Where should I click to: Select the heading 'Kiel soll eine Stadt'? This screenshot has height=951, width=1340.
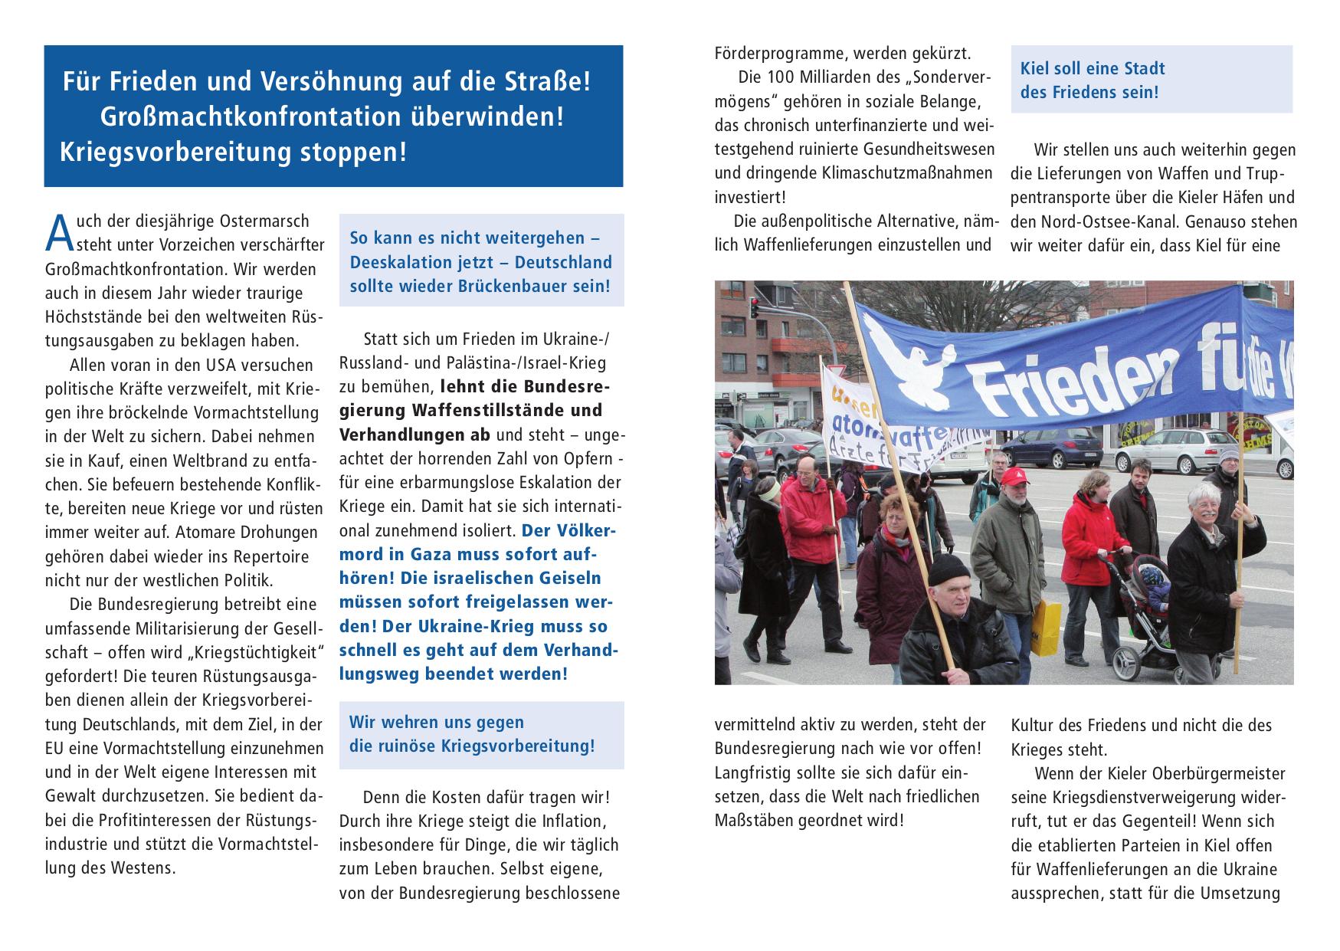[x=1092, y=68]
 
